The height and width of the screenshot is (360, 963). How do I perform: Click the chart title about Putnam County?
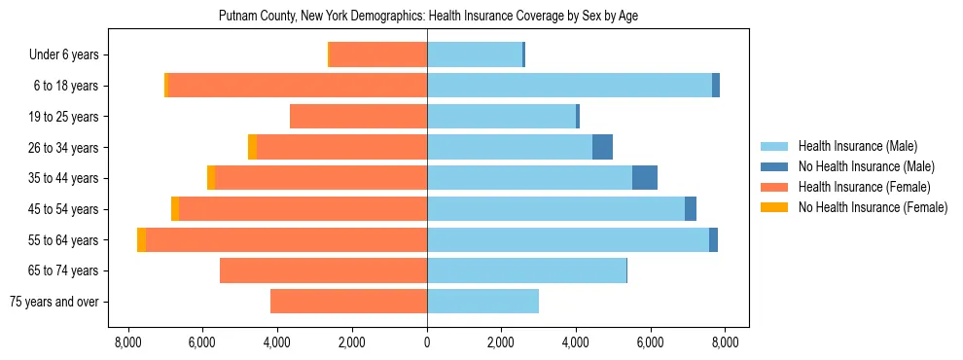point(428,17)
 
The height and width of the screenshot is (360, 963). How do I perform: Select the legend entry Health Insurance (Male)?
point(857,146)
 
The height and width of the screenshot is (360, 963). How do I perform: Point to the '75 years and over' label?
point(53,302)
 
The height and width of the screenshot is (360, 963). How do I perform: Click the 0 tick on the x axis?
point(427,342)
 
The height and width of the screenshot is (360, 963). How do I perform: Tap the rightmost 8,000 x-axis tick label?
point(724,342)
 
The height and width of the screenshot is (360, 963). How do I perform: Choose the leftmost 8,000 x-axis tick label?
point(129,342)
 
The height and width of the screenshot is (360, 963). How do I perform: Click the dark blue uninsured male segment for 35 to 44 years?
point(645,178)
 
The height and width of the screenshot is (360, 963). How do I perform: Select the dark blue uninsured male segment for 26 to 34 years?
point(602,147)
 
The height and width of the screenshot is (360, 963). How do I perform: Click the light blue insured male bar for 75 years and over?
point(482,302)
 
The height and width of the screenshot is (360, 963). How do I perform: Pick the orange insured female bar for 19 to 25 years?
point(358,117)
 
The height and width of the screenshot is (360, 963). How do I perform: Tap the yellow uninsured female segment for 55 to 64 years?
point(142,239)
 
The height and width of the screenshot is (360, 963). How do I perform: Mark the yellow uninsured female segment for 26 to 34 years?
point(252,147)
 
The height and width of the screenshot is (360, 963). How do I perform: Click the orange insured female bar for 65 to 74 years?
point(323,270)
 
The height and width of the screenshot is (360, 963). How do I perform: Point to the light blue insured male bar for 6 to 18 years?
point(569,86)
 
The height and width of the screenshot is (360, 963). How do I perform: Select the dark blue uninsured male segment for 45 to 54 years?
point(691,209)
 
